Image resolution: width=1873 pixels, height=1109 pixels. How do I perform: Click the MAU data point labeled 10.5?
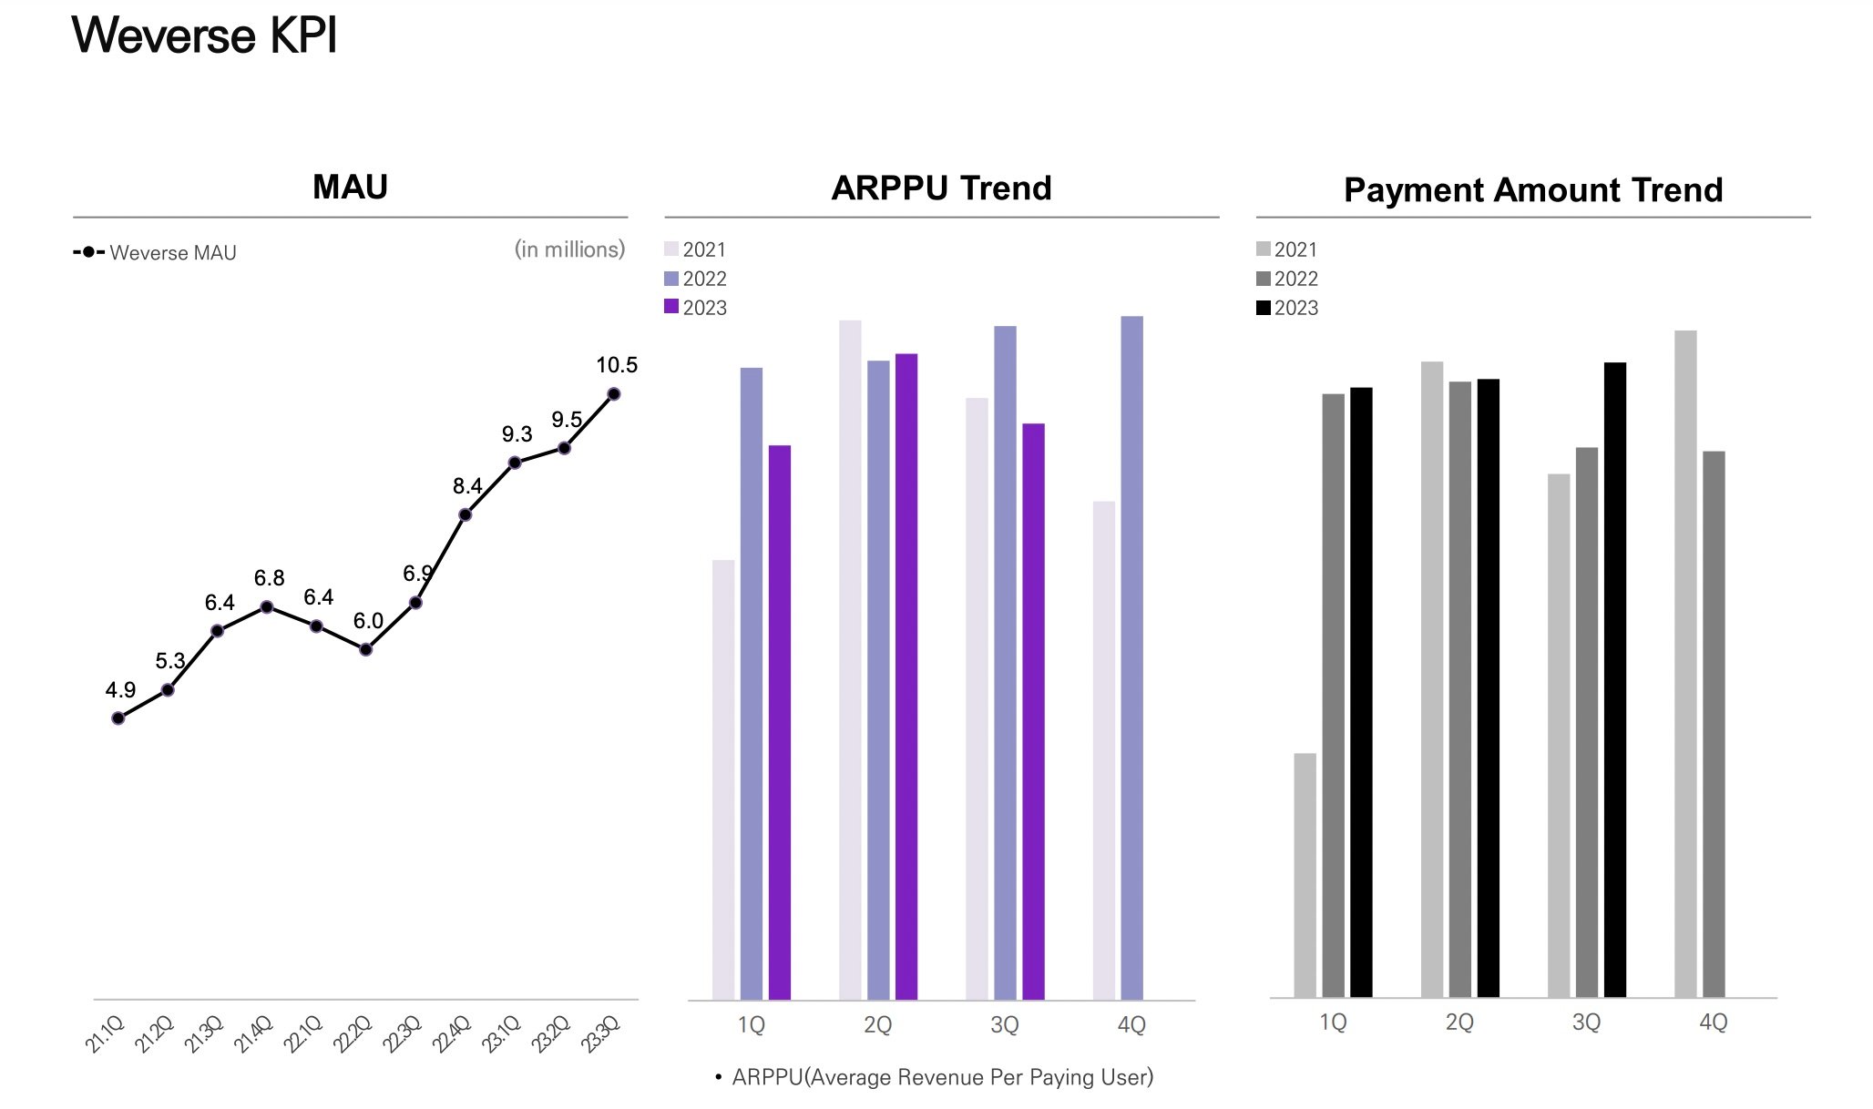614,394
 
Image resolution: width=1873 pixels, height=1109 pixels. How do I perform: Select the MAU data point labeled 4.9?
118,718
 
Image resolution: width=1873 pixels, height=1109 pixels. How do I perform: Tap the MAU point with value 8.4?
466,515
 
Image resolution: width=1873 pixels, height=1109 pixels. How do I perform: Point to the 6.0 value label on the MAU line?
368,621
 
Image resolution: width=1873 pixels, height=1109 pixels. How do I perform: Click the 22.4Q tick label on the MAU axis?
451,1035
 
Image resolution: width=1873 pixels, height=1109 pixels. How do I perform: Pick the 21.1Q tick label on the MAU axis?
104,1035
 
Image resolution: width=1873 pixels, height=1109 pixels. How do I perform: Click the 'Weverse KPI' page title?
204,36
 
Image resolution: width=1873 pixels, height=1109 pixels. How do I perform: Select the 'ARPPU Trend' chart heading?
941,188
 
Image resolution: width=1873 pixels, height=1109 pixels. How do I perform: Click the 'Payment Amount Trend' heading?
1533,189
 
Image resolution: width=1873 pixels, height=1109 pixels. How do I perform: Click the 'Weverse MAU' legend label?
173,253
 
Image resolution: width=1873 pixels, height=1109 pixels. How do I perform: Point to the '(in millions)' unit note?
569,249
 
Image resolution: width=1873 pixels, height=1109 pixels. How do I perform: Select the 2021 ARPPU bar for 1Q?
723,779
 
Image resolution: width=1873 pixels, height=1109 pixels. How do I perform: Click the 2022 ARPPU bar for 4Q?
1131,657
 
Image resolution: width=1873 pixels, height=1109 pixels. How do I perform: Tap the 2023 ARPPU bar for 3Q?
1033,711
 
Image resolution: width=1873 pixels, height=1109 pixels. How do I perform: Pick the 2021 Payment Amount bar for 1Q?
1305,875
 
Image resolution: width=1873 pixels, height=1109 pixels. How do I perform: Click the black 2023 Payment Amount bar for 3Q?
1614,679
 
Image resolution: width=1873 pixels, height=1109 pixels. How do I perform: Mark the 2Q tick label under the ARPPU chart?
877,1025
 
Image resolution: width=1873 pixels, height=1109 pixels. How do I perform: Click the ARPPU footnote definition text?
942,1078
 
